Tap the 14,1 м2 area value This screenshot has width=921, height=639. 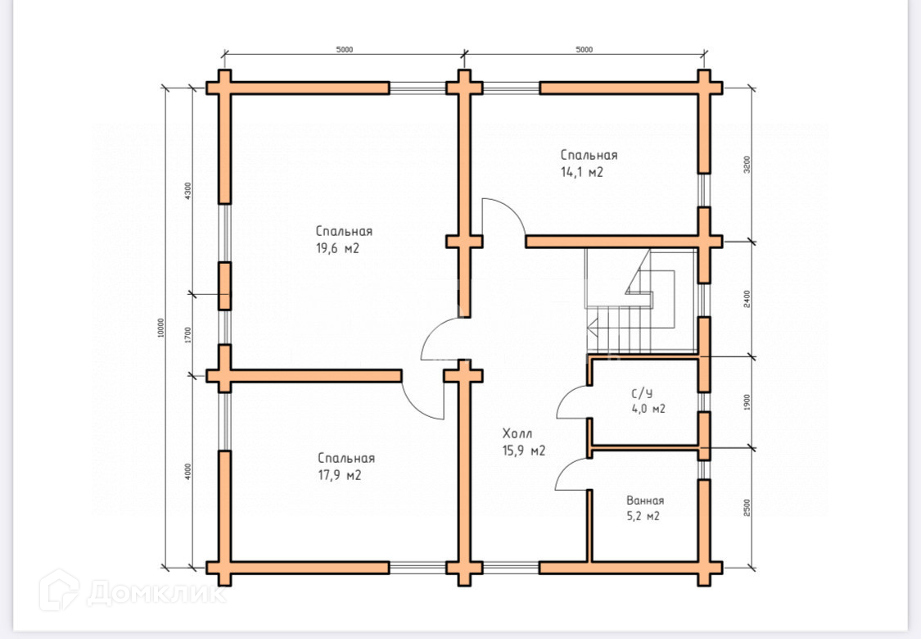581,173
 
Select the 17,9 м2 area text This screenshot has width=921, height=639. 340,476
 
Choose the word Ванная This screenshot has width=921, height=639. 645,501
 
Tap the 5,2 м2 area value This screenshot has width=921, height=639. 643,516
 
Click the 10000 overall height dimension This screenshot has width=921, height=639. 161,328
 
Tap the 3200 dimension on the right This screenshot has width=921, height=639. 746,166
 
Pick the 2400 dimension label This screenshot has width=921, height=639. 746,299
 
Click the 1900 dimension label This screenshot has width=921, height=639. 746,402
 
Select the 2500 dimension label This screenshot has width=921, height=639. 746,508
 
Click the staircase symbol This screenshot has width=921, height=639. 639,303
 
